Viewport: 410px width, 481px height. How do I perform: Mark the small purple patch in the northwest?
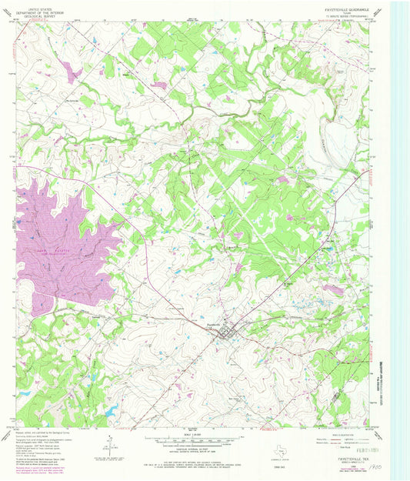tap(75, 73)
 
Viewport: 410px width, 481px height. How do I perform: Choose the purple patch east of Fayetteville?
tap(332, 289)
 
